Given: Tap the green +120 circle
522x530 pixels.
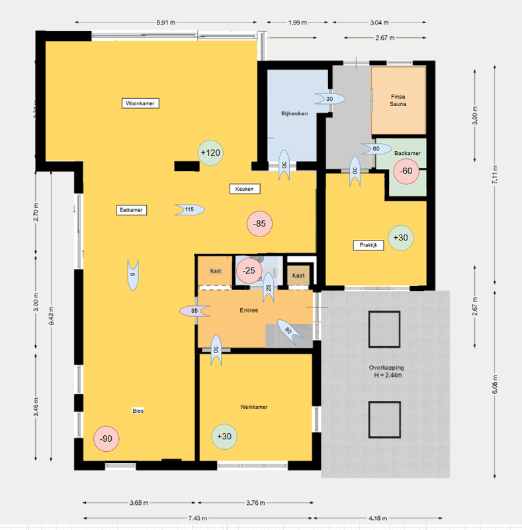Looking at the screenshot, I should pyautogui.click(x=210, y=153).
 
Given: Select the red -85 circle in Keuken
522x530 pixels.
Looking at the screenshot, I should pyautogui.click(x=259, y=224).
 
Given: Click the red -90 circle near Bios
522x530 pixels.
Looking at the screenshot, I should pyautogui.click(x=105, y=439).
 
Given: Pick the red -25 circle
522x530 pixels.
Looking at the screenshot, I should pyautogui.click(x=249, y=270).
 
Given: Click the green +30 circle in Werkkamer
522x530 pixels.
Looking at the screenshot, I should pyautogui.click(x=224, y=436).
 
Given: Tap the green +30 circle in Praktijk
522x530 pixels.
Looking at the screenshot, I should pyautogui.click(x=400, y=238).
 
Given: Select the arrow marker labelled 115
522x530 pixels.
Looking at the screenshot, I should pyautogui.click(x=189, y=210).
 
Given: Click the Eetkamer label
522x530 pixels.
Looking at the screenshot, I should pyautogui.click(x=130, y=210).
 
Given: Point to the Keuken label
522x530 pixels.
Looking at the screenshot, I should pyautogui.click(x=244, y=189).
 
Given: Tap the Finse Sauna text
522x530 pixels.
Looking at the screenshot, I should pyautogui.click(x=398, y=100).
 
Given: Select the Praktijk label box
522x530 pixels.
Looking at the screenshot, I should pyautogui.click(x=368, y=245).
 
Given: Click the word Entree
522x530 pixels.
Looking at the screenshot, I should pyautogui.click(x=249, y=310).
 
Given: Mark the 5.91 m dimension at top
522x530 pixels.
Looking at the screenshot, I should pyautogui.click(x=166, y=23).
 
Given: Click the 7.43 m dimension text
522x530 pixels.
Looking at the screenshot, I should pyautogui.click(x=198, y=518).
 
